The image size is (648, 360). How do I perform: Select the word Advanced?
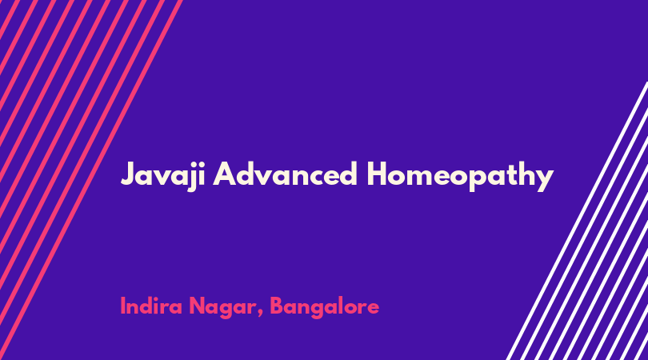point(285,174)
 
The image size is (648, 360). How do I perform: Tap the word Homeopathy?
point(460,176)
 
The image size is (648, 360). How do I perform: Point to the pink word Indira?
point(151,306)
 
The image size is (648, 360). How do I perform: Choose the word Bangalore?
point(325,307)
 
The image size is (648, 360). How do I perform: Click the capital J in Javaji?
point(129,174)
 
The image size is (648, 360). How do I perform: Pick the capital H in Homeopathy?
point(378,174)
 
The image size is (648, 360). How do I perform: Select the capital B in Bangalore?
point(278,306)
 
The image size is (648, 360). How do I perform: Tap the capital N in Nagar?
point(197,306)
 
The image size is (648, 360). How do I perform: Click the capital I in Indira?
point(122,306)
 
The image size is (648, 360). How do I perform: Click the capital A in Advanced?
point(224,174)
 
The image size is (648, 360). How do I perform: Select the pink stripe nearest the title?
point(90,180)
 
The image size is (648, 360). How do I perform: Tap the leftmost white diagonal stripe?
point(577,221)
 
